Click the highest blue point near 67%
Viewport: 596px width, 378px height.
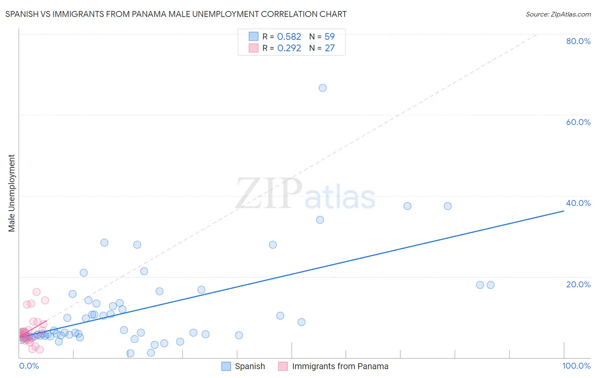[323, 88]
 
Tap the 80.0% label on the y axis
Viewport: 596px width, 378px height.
[578, 41]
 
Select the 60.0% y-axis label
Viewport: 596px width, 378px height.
[578, 122]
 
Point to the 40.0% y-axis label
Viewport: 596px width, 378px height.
[578, 203]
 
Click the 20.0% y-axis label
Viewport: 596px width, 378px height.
[578, 284]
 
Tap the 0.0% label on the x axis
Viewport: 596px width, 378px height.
[29, 366]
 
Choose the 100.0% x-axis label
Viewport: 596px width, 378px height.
[576, 366]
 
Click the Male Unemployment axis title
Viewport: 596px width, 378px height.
[12, 193]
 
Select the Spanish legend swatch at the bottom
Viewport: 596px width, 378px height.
[226, 366]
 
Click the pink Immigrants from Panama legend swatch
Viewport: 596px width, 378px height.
[283, 366]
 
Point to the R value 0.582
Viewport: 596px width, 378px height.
[289, 36]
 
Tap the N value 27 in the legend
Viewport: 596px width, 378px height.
[330, 48]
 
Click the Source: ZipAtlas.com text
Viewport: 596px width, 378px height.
[558, 14]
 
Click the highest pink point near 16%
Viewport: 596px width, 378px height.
[36, 292]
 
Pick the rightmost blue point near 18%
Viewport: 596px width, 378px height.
[490, 285]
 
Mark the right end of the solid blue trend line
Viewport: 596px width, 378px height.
[564, 210]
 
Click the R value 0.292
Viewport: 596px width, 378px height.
[289, 48]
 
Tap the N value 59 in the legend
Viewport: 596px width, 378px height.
[330, 36]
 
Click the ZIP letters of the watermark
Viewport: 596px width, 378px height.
[269, 193]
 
